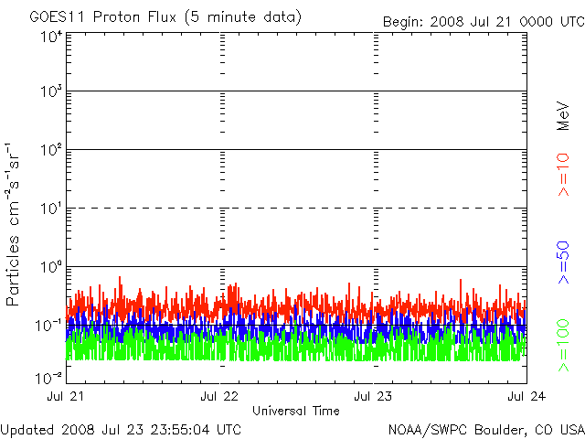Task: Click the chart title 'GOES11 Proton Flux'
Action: tap(103, 16)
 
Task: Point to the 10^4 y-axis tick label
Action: tap(52, 37)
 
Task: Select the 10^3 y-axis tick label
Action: tap(52, 91)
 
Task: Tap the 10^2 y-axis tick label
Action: tap(52, 150)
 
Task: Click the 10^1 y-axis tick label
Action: tap(52, 209)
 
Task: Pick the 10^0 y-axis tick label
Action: tap(52, 267)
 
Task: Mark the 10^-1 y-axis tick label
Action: tap(49, 326)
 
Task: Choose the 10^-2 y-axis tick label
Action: tap(49, 378)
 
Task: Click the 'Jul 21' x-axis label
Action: tap(65, 396)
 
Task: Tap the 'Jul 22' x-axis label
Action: tap(219, 396)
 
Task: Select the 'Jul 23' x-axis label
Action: tap(373, 396)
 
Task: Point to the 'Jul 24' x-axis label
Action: tap(526, 396)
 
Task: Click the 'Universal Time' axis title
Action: tap(296, 411)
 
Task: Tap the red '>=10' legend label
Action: tap(563, 175)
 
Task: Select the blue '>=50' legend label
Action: tap(563, 262)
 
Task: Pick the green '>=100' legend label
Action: tap(563, 346)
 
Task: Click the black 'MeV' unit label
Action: tap(563, 116)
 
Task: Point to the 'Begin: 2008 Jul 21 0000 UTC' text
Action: tap(484, 21)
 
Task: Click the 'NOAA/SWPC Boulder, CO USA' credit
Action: tap(486, 430)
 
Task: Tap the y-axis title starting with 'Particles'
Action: tap(12, 224)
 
